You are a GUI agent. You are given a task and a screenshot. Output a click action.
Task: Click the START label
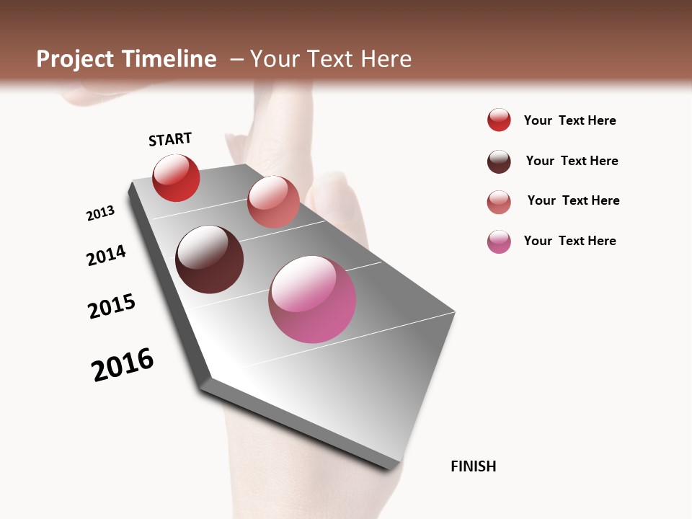pos(170,139)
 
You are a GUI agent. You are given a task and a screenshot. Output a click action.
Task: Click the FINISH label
pos(474,466)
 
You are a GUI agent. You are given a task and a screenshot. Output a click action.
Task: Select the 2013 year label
pos(100,213)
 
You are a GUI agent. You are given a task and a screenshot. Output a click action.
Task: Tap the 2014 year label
pos(106,255)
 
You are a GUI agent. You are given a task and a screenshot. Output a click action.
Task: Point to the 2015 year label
pos(112,306)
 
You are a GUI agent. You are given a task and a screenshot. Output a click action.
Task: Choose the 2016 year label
pos(123,365)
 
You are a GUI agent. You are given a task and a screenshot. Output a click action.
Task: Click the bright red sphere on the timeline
pos(176,178)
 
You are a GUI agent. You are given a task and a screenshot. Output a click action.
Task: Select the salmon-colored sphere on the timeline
pos(273,202)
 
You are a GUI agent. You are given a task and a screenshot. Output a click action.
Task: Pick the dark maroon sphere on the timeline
pos(210,259)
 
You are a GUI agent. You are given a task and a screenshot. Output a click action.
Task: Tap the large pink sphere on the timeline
pos(312,299)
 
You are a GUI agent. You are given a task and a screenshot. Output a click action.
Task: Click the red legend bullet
pos(499,120)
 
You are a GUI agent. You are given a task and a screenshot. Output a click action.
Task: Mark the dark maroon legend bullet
pos(499,161)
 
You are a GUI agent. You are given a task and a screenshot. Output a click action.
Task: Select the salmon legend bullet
pos(499,202)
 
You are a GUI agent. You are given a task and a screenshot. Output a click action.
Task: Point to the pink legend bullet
pos(499,241)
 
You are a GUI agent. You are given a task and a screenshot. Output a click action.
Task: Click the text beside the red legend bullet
pos(569,120)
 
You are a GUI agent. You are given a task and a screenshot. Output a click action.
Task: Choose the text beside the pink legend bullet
pos(569,241)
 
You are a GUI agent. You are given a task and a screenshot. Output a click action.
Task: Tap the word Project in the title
pos(74,59)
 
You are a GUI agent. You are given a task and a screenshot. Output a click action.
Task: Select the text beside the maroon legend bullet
pos(572,161)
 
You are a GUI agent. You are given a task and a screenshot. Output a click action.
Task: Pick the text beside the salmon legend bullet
pos(573,200)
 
